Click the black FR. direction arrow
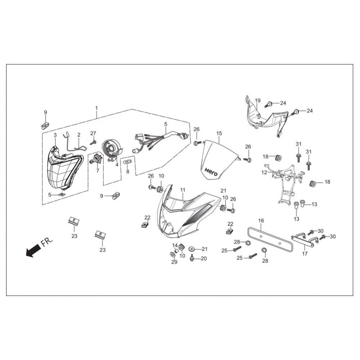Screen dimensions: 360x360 (x=33, y=251)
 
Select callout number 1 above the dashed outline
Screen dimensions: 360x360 (x=96, y=108)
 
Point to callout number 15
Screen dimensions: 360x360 (x=219, y=134)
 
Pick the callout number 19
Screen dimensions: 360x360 (x=258, y=100)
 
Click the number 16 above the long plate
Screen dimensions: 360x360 (x=261, y=221)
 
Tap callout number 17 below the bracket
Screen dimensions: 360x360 (x=305, y=254)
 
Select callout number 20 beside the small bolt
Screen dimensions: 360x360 (x=204, y=258)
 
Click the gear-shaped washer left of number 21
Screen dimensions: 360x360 (x=191, y=249)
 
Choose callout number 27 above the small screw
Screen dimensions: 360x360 (x=93, y=134)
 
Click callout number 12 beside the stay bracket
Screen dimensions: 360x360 (x=264, y=172)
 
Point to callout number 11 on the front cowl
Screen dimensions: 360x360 (x=183, y=190)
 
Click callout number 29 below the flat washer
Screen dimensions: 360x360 (x=174, y=262)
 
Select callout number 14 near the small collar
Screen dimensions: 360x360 (x=175, y=245)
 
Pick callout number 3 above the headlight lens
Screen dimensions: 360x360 (x=55, y=135)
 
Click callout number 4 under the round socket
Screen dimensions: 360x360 (x=117, y=165)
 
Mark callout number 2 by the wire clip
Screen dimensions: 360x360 (x=79, y=135)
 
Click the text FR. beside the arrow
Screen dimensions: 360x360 (x=46, y=242)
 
